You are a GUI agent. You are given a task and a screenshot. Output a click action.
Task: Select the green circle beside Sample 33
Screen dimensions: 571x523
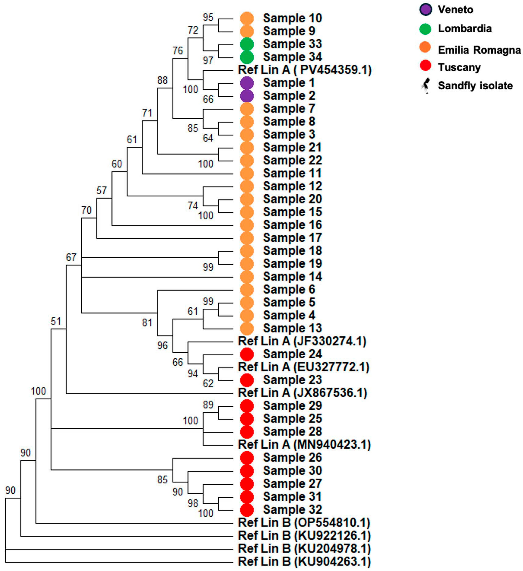pos(247,44)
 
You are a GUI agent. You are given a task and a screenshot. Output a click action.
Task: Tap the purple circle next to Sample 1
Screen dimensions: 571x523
pos(247,83)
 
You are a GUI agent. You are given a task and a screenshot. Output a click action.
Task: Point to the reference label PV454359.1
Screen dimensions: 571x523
pos(304,70)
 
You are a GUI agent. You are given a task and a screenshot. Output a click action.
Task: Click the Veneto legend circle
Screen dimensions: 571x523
pos(425,9)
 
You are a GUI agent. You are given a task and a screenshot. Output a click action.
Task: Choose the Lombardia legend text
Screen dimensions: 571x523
pos(465,29)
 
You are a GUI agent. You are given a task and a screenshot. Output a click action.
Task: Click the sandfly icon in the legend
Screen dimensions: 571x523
pos(425,85)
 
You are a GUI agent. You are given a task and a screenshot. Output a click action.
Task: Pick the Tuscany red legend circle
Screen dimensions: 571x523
pos(425,66)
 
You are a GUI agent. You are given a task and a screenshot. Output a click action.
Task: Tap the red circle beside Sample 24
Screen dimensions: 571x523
pos(247,354)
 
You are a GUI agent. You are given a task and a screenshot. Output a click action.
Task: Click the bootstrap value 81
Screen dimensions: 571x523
pos(147,322)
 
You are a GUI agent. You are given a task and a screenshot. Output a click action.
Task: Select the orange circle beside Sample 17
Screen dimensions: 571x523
pos(247,238)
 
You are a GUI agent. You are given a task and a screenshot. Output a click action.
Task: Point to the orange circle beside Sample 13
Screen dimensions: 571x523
pos(247,328)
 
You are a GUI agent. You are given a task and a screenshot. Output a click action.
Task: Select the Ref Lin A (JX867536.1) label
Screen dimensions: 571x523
pos(302,393)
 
